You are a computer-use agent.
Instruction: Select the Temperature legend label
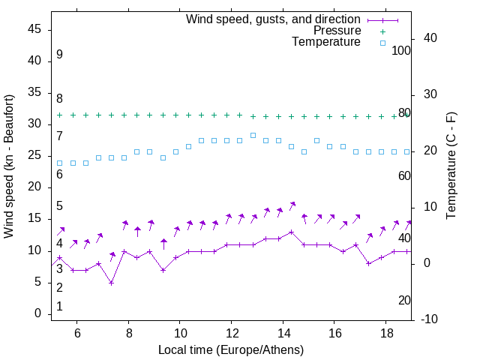click(x=326, y=43)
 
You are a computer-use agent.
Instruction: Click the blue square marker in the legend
click(x=382, y=43)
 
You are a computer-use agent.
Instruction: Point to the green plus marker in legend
click(x=382, y=31)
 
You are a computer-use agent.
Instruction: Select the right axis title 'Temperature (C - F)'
click(x=451, y=166)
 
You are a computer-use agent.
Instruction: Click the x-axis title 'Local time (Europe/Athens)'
click(x=231, y=350)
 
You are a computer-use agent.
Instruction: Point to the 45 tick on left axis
click(x=34, y=30)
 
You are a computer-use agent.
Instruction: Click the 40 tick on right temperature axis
click(x=425, y=38)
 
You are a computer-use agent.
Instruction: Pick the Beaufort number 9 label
click(x=59, y=55)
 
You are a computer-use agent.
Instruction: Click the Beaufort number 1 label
click(x=59, y=307)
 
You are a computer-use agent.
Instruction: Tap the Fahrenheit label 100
click(x=402, y=50)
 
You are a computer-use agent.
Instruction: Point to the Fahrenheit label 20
click(x=404, y=300)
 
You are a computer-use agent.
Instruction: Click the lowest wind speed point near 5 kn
click(x=111, y=283)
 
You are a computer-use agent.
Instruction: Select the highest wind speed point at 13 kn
click(x=292, y=232)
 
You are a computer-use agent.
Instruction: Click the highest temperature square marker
click(x=253, y=136)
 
